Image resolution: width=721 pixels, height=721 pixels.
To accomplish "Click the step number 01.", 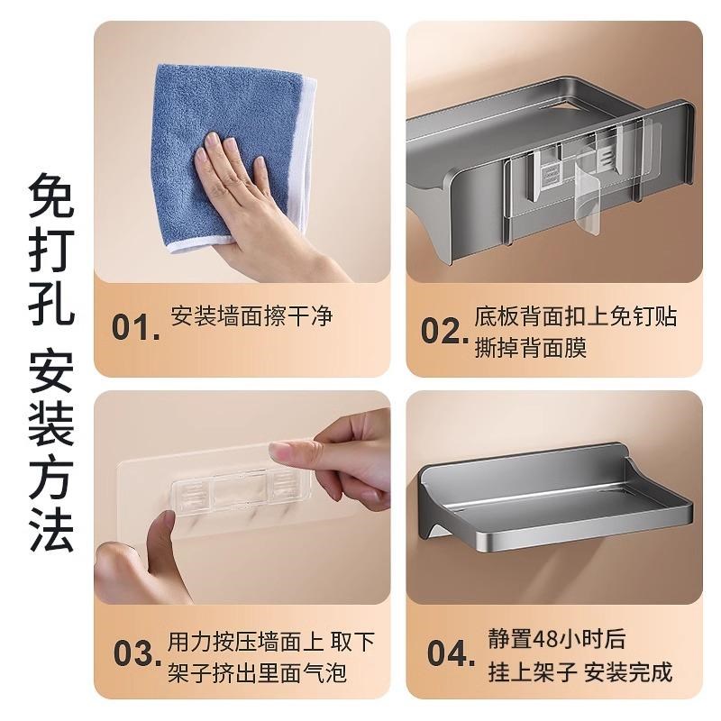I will [x=136, y=327].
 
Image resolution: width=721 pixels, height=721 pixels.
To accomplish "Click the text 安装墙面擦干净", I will [x=251, y=316].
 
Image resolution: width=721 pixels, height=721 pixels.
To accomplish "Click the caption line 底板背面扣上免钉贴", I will [x=575, y=316].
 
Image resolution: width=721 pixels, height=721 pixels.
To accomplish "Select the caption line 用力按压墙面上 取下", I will [x=270, y=641].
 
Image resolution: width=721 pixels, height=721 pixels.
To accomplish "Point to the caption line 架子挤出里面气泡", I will [x=257, y=672].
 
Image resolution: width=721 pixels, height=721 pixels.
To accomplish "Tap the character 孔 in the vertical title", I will [x=50, y=307].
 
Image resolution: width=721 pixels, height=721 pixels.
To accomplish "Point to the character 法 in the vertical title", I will [x=50, y=531].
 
